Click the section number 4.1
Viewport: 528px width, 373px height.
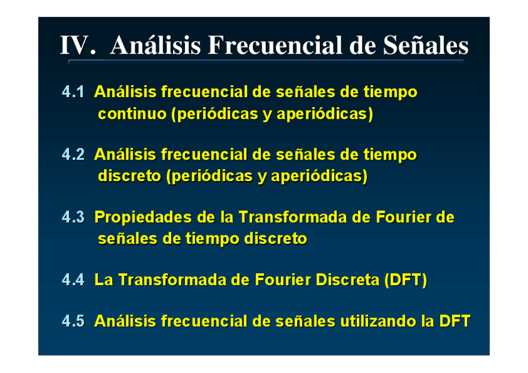click(73, 92)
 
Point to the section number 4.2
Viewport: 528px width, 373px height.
click(73, 154)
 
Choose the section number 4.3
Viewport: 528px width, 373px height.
click(73, 217)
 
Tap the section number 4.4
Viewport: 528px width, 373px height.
click(73, 280)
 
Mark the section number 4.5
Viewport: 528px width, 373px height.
click(73, 321)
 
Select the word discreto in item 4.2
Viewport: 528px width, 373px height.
click(130, 176)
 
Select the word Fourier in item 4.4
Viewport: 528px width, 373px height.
click(283, 280)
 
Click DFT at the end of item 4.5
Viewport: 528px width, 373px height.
click(455, 321)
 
